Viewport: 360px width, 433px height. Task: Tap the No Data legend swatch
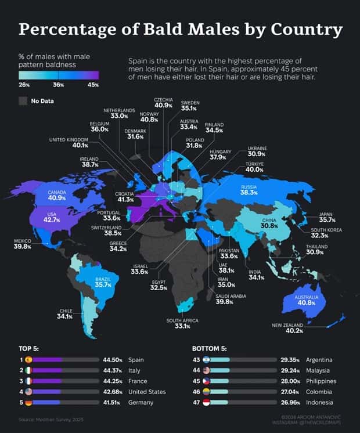(23, 101)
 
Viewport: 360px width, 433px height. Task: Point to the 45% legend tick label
(93, 85)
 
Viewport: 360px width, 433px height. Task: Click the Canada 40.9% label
(57, 194)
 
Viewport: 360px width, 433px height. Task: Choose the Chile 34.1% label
(64, 313)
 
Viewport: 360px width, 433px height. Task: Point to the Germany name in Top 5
(142, 402)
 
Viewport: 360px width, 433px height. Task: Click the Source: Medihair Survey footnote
(43, 419)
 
